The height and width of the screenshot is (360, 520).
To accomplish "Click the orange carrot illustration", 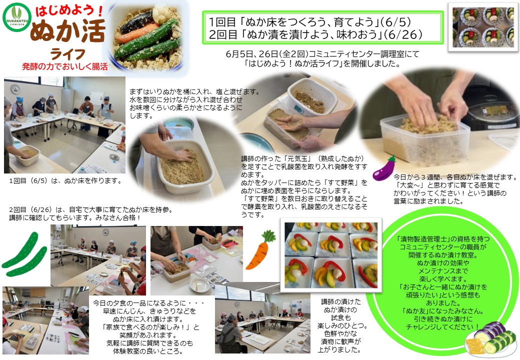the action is [260, 249].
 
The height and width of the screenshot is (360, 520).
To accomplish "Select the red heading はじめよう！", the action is [69, 11].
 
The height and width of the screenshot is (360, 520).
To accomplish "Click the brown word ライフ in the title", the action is [67, 54].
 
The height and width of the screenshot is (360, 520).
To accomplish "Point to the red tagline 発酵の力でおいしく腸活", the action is [64, 66].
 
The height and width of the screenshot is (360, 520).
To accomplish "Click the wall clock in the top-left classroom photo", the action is [15, 89].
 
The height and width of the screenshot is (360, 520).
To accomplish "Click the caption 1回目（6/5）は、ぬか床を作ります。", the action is [65, 181].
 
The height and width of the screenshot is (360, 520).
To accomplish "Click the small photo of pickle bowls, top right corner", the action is [483, 27].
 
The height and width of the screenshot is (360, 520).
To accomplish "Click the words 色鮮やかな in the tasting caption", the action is [340, 333].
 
